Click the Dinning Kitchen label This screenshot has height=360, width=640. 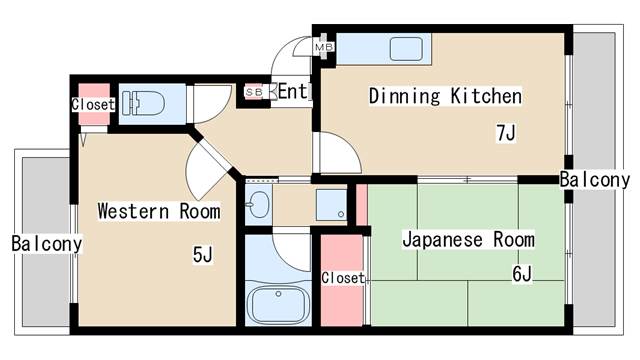(445, 97)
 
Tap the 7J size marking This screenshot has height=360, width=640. (505, 132)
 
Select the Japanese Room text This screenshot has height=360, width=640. (468, 240)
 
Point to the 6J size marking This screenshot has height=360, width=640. (520, 273)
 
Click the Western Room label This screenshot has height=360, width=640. (158, 211)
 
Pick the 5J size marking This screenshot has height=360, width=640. (203, 255)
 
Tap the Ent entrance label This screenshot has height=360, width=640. (292, 92)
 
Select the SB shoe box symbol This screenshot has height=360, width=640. (254, 93)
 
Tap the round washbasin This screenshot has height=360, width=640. (258, 205)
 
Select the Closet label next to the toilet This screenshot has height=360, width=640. (93, 104)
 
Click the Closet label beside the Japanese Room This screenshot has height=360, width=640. (343, 277)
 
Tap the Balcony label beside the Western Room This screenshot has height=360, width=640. (46, 243)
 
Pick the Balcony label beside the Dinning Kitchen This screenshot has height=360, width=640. (594, 180)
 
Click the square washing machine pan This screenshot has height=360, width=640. (331, 204)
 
